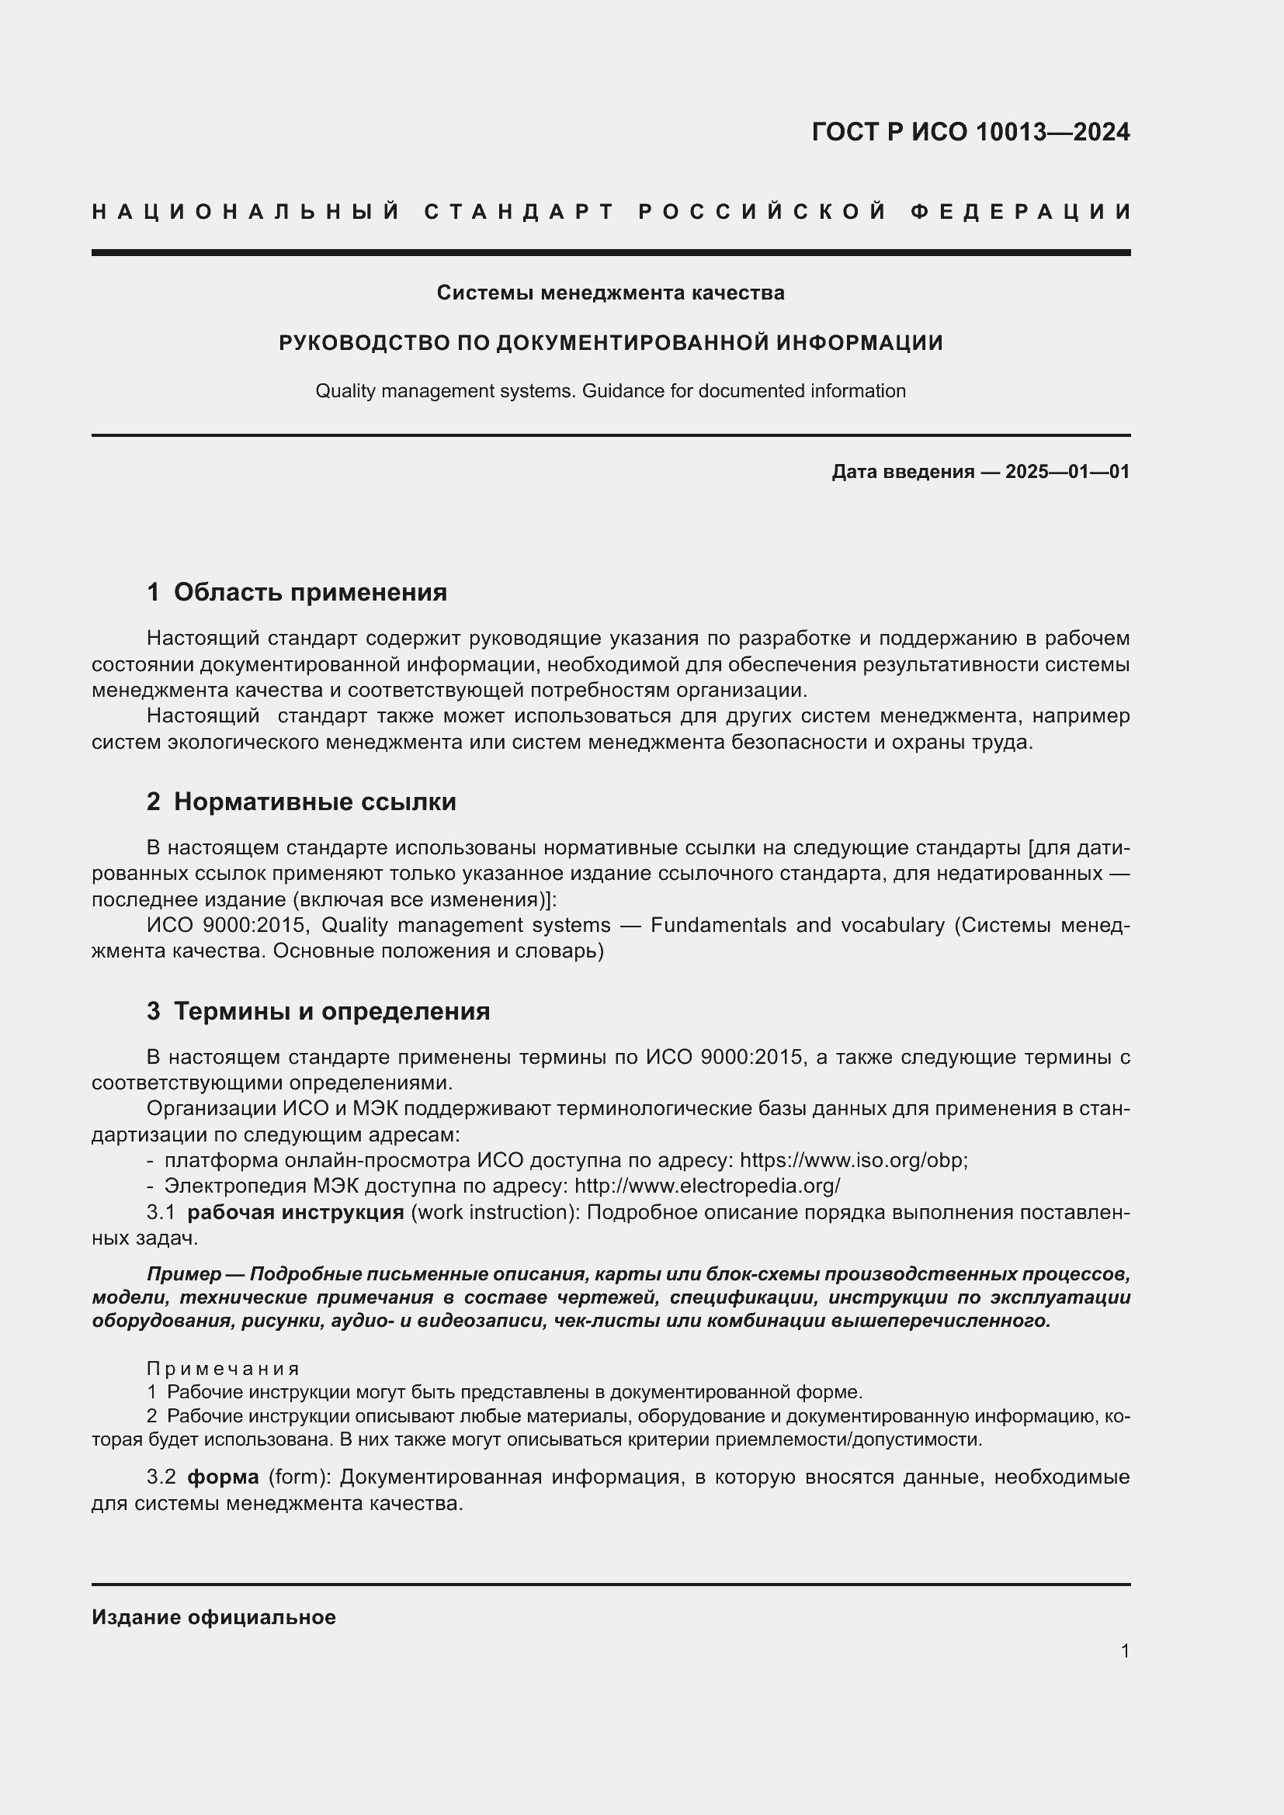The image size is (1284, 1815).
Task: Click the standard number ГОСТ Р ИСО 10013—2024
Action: [970, 132]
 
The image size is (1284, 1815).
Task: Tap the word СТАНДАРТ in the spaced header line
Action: [519, 212]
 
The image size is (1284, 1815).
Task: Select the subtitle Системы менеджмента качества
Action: [610, 293]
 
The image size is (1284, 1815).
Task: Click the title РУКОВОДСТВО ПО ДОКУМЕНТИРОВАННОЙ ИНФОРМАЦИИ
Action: [610, 343]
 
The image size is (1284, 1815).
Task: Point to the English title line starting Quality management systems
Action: [610, 391]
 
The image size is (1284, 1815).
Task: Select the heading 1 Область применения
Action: [297, 592]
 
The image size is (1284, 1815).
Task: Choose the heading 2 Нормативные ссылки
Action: [301, 802]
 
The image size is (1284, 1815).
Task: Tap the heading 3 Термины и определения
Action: [318, 1012]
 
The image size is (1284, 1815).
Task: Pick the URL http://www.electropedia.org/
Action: [707, 1186]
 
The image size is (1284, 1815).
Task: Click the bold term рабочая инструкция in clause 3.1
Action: [296, 1213]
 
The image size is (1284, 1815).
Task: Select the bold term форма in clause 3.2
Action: [223, 1477]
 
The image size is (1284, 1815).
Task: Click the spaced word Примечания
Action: [223, 1369]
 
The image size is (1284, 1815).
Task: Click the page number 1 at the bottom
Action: [1124, 1650]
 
